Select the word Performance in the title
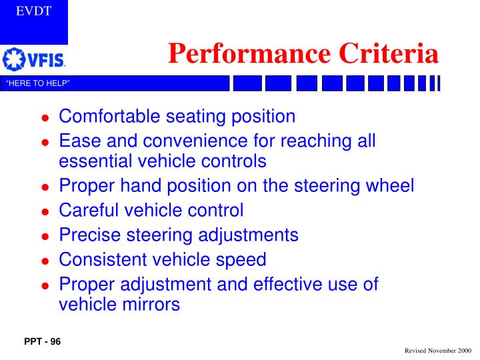247,53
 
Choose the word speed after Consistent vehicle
243,259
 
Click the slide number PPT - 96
42,342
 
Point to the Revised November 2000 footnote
437,350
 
